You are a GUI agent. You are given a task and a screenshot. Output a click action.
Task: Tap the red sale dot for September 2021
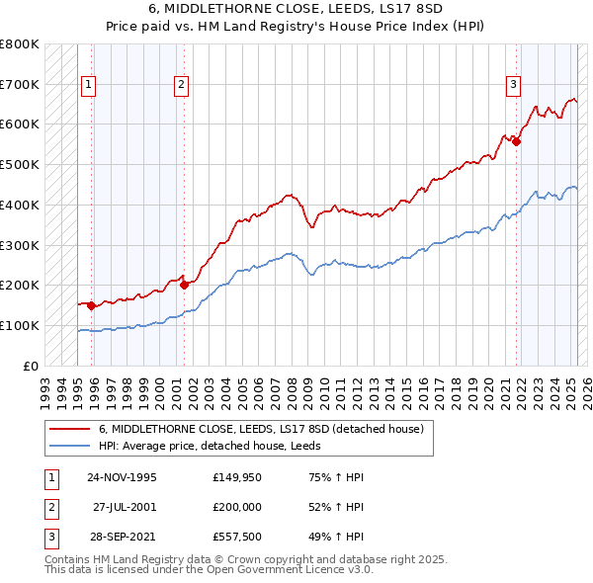point(517,140)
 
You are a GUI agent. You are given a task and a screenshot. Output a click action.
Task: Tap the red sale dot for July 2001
point(185,285)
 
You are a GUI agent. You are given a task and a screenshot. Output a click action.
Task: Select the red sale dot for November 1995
point(91,305)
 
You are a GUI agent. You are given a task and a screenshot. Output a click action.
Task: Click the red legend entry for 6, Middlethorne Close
point(261,429)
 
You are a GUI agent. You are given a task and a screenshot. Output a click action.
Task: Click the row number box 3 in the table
point(50,537)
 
